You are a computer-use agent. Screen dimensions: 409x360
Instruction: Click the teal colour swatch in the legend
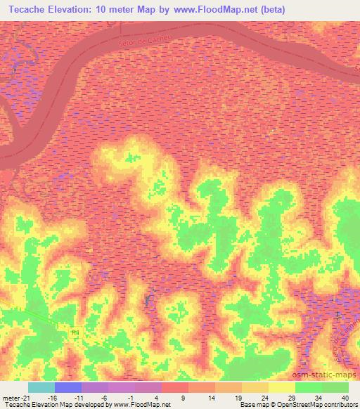(x=41, y=387)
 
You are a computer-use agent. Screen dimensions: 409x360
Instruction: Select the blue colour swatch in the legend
(x=68, y=387)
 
